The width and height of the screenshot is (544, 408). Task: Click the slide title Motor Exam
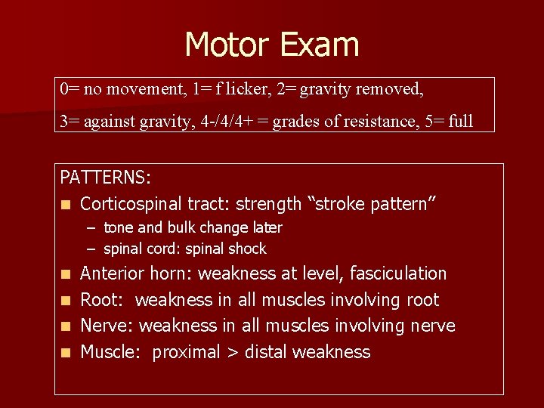pos(271,45)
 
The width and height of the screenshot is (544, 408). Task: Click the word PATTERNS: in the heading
pos(106,178)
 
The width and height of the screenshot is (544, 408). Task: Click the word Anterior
pos(113,274)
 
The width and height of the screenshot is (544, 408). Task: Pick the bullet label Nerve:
pos(107,326)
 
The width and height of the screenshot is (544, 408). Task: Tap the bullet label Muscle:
pos(111,352)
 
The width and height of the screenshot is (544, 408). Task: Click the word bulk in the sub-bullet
pos(185,227)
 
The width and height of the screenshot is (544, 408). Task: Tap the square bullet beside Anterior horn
pos(66,274)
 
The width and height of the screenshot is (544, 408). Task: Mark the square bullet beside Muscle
pos(66,353)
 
